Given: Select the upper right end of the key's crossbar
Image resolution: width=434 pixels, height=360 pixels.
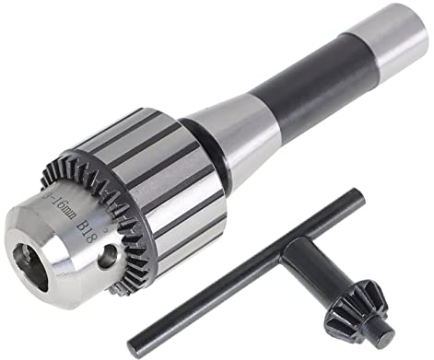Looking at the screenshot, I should pos(326,198).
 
